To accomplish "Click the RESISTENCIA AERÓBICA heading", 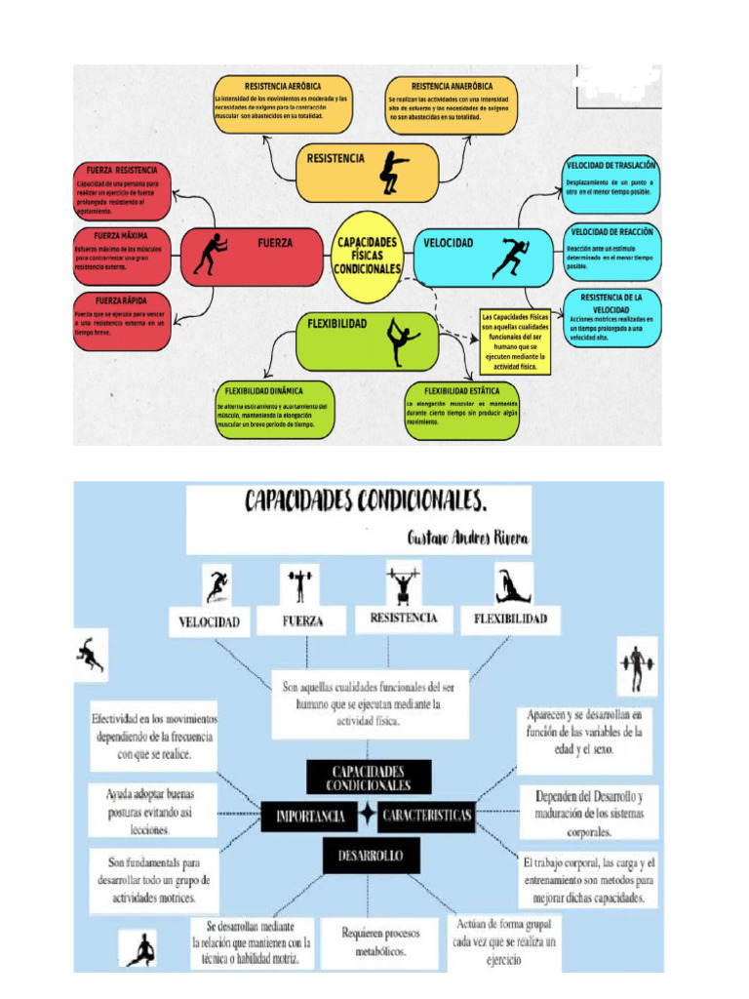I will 283,86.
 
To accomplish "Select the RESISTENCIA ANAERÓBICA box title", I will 451,86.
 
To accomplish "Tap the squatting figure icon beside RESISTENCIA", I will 394,169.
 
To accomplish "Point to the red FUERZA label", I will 275,243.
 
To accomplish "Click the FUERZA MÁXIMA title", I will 121,236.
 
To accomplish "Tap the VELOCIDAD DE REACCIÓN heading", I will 612,232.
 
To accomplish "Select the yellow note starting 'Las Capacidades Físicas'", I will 515,342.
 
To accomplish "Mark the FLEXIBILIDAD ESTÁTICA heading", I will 461,391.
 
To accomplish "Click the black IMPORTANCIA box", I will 309,816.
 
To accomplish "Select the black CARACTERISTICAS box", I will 425,815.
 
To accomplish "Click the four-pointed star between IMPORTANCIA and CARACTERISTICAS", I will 367,814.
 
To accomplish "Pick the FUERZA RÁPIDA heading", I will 121,300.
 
